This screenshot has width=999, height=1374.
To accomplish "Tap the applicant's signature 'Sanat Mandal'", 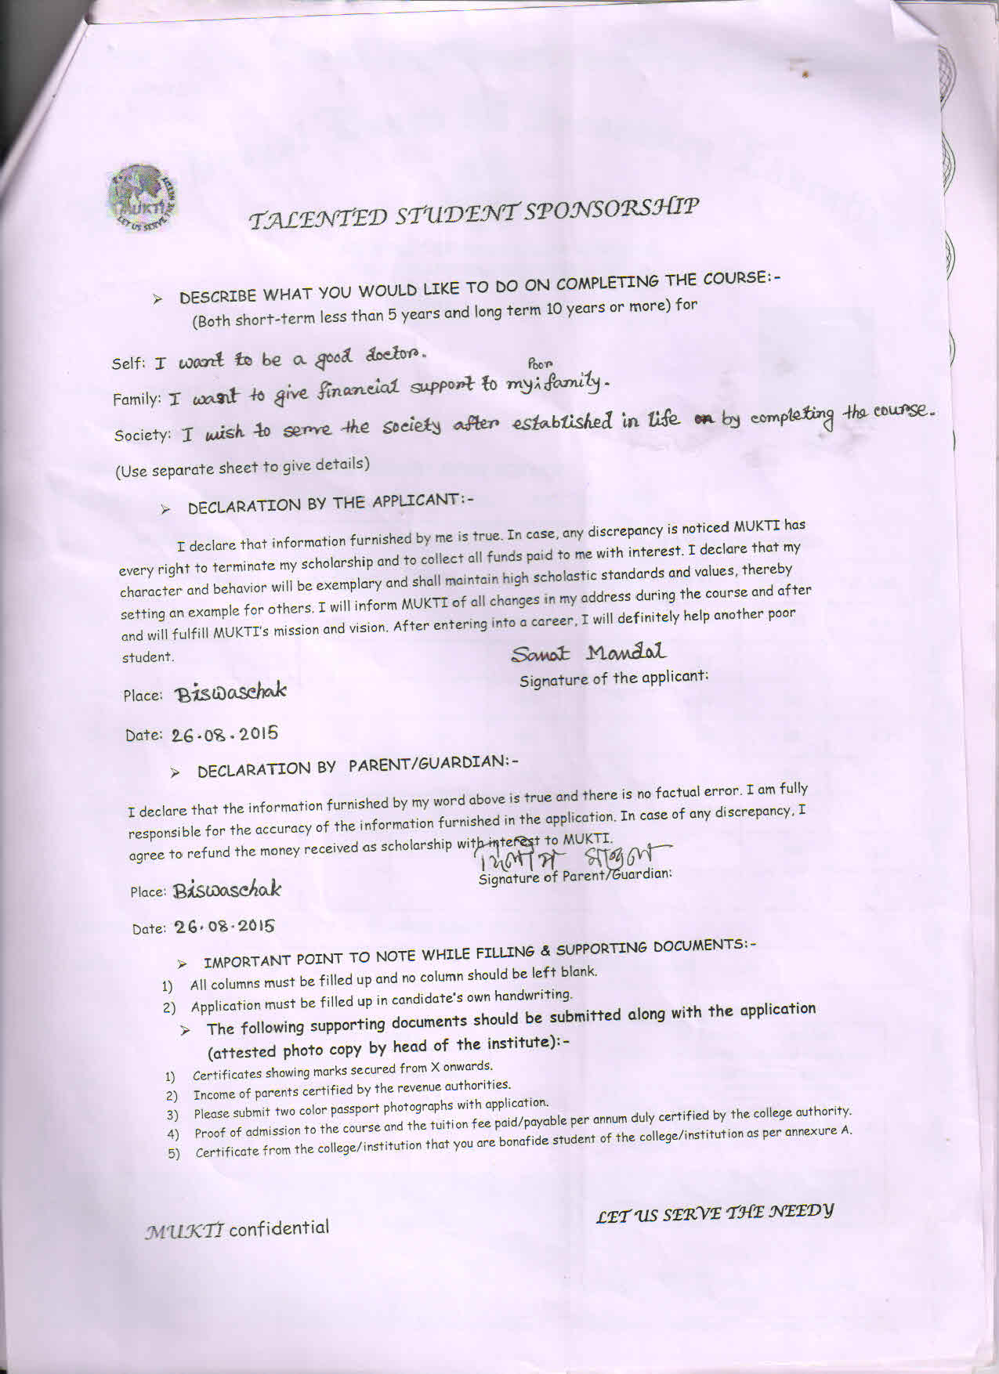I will click(x=588, y=653).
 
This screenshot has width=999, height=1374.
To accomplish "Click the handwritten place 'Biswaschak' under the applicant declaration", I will click(x=230, y=692).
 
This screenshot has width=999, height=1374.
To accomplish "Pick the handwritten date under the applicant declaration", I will click(x=225, y=735).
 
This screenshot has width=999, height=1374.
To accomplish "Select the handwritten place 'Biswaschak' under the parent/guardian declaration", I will click(x=227, y=890).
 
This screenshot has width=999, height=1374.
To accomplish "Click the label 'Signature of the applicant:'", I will click(x=614, y=679).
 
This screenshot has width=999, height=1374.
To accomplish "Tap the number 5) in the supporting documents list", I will click(x=174, y=1153).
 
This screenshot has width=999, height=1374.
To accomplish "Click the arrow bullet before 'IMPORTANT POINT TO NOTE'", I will click(x=182, y=963).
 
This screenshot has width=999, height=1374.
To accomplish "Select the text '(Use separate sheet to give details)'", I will click(x=242, y=467).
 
